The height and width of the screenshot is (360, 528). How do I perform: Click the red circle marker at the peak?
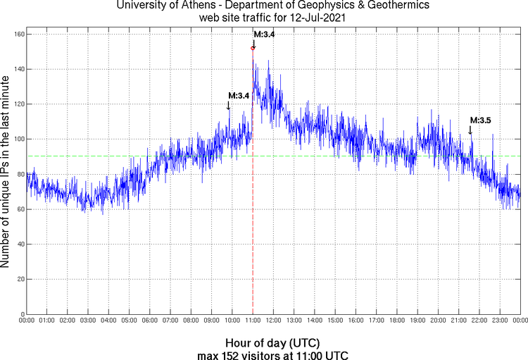pyautogui.click(x=253, y=48)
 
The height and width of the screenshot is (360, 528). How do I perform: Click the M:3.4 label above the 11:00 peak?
pyautogui.click(x=264, y=35)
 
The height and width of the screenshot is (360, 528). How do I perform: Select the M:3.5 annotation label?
pyautogui.click(x=480, y=120)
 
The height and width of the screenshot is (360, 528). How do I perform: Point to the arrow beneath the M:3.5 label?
pyautogui.click(x=471, y=130)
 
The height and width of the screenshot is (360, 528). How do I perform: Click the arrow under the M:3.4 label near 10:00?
pyautogui.click(x=229, y=106)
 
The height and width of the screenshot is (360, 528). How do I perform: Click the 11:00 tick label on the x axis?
pyautogui.click(x=253, y=321)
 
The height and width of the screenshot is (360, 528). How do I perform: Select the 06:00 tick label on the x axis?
pyautogui.click(x=150, y=321)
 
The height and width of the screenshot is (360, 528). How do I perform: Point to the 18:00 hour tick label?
pyautogui.click(x=397, y=321)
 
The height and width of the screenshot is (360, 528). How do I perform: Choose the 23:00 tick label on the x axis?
pyautogui.click(x=500, y=321)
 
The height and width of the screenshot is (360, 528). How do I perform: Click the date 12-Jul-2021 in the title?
pyautogui.click(x=317, y=18)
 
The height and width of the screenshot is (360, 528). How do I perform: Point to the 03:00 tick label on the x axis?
pyautogui.click(x=88, y=321)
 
